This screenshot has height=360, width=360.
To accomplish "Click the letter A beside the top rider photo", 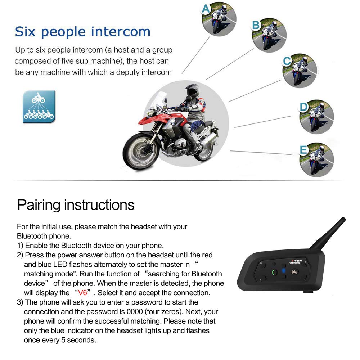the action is click(x=206, y=9).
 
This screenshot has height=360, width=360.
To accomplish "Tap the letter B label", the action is click(x=256, y=25).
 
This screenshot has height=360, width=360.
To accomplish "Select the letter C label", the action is click(x=287, y=61).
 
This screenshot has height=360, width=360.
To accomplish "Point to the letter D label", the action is click(x=303, y=107).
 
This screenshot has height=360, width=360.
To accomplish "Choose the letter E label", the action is click(x=303, y=150).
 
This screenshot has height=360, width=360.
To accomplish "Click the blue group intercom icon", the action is click(x=39, y=107).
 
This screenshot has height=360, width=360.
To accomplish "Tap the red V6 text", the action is click(x=83, y=293).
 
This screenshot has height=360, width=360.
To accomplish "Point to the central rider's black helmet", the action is click(x=192, y=91).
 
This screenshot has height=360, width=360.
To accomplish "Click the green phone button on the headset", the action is click(x=273, y=273).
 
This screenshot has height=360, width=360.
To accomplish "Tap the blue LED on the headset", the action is click(x=284, y=271).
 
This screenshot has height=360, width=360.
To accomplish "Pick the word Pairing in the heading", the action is click(x=39, y=205).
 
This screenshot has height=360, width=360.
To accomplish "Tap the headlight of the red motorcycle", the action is click(x=150, y=112).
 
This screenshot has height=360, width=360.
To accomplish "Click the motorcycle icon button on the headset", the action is click(x=294, y=272).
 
